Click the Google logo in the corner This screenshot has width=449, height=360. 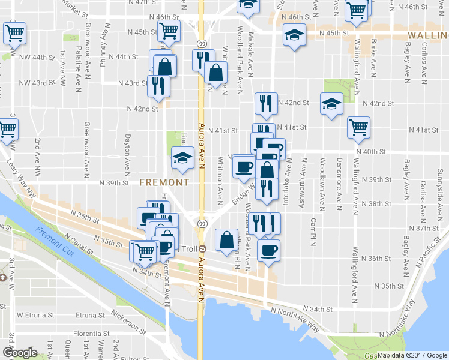(x=20, y=353)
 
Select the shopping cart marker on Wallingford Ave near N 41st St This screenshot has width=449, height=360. (x=358, y=127)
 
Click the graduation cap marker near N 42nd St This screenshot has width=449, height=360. (x=331, y=104)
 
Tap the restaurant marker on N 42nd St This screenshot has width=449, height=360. (x=265, y=104)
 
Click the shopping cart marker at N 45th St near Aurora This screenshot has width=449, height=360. (x=169, y=31)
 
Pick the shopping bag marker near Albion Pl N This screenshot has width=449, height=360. (x=226, y=240)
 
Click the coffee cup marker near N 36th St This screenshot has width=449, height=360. (x=268, y=249)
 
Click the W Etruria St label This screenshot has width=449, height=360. (x=35, y=314)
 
